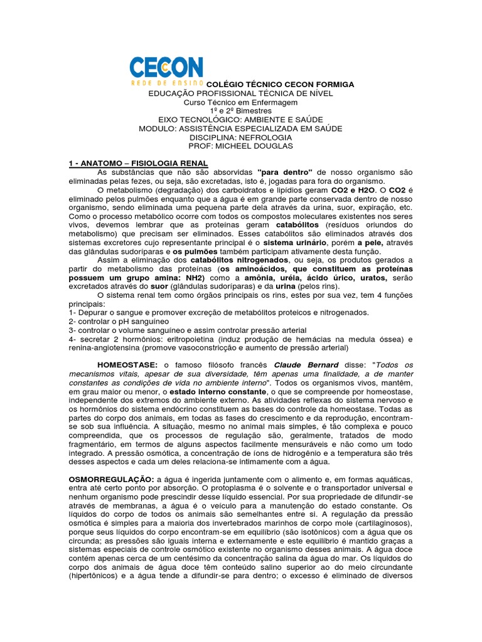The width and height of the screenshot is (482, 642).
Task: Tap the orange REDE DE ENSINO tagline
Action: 166,82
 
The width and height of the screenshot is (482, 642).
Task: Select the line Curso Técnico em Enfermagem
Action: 241,102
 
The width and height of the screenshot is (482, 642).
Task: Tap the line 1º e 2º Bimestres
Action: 241,111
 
